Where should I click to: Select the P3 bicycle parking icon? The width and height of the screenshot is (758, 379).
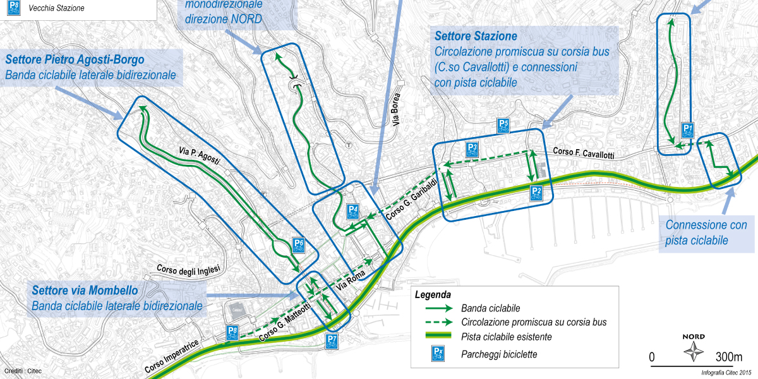(x=472, y=150)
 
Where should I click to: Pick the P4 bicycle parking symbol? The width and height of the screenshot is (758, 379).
(x=354, y=212)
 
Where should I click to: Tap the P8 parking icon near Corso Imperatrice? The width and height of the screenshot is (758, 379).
(x=232, y=333)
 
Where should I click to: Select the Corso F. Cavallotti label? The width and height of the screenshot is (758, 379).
(x=583, y=153)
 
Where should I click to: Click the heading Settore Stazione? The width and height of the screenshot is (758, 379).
(x=476, y=37)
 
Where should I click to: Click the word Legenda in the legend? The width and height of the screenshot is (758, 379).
(x=433, y=294)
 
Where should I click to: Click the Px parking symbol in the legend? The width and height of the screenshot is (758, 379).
(x=438, y=354)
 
